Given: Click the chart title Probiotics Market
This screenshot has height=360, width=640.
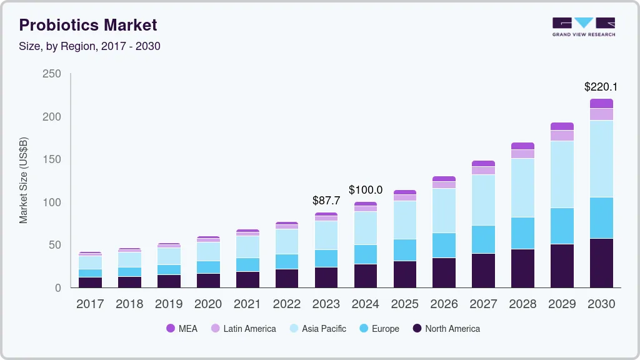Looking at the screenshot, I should point(87,25).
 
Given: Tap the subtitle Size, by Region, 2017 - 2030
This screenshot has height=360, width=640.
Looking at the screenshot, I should point(89,46).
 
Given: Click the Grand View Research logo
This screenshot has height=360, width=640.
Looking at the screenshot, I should point(583,26).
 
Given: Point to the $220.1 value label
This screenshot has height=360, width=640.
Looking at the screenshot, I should point(601,87).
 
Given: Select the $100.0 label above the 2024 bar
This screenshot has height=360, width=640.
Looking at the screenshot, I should point(365,189).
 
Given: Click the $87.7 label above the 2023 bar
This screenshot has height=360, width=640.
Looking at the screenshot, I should point(326,201).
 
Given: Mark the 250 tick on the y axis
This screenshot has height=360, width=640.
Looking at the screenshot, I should point(51,74).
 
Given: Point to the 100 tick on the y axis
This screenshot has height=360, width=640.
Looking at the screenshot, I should point(51,202).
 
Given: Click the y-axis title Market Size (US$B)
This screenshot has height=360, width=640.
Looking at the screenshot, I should point(23,180).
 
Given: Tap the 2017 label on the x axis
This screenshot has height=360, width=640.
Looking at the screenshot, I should point(89,304).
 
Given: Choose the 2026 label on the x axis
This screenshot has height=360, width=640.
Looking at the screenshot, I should point(444,304).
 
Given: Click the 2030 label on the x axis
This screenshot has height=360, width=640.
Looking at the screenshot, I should point(601,304).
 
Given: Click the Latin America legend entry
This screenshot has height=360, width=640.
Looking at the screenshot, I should point(243,329).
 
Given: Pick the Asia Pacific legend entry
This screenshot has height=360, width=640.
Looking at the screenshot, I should point(317,329).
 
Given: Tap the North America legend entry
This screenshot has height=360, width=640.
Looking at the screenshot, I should point(446,329).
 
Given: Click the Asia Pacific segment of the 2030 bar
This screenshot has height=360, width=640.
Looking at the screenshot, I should point(601,159).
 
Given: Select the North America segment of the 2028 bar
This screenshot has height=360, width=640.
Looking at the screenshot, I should point(522,268).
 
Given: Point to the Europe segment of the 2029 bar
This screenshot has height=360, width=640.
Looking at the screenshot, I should point(562,226).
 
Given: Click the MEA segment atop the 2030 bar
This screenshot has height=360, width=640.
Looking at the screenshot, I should point(601,103).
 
